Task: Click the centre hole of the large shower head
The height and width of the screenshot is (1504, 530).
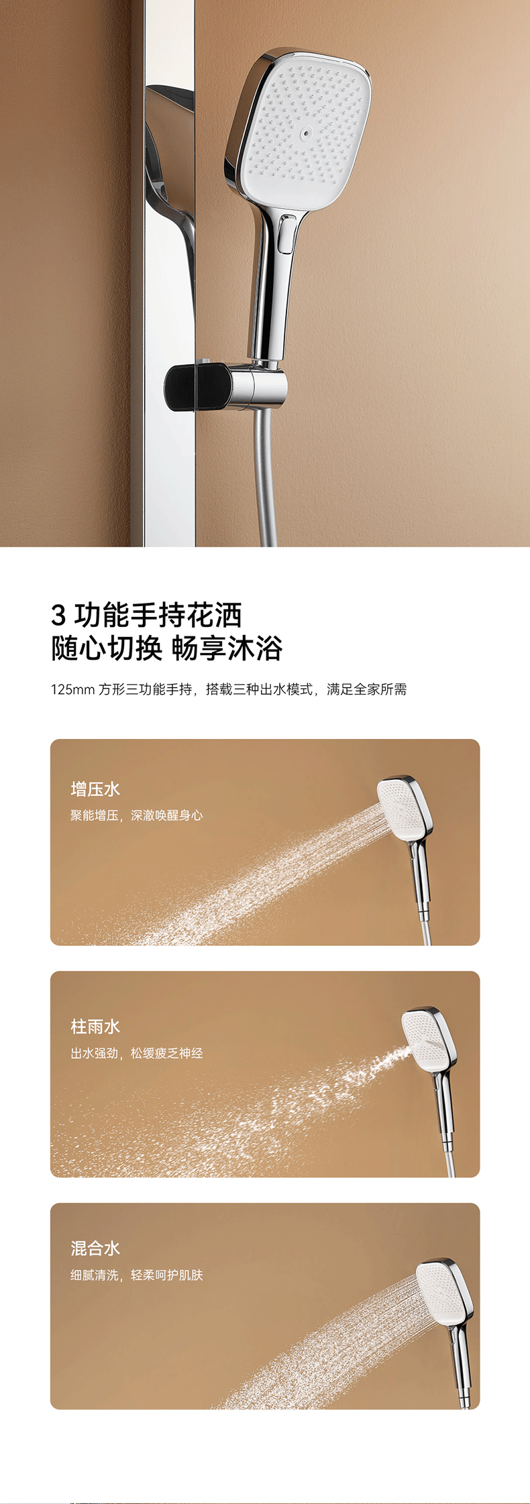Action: click(307, 133)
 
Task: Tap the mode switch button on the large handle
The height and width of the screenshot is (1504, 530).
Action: click(287, 234)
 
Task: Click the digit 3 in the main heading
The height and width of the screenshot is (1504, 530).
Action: click(59, 615)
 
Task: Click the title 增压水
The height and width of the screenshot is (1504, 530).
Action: click(95, 789)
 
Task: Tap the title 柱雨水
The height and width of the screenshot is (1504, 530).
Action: click(95, 1026)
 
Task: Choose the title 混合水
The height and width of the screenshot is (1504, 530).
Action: click(95, 1248)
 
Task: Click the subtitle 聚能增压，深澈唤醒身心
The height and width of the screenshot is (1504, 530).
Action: click(137, 815)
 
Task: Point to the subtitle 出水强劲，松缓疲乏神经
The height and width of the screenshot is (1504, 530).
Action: click(137, 1053)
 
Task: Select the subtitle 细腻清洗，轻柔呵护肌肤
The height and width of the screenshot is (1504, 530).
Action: click(137, 1275)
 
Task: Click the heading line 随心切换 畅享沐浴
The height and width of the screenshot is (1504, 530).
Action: click(167, 648)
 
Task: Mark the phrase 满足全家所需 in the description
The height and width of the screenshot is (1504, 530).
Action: click(367, 689)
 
